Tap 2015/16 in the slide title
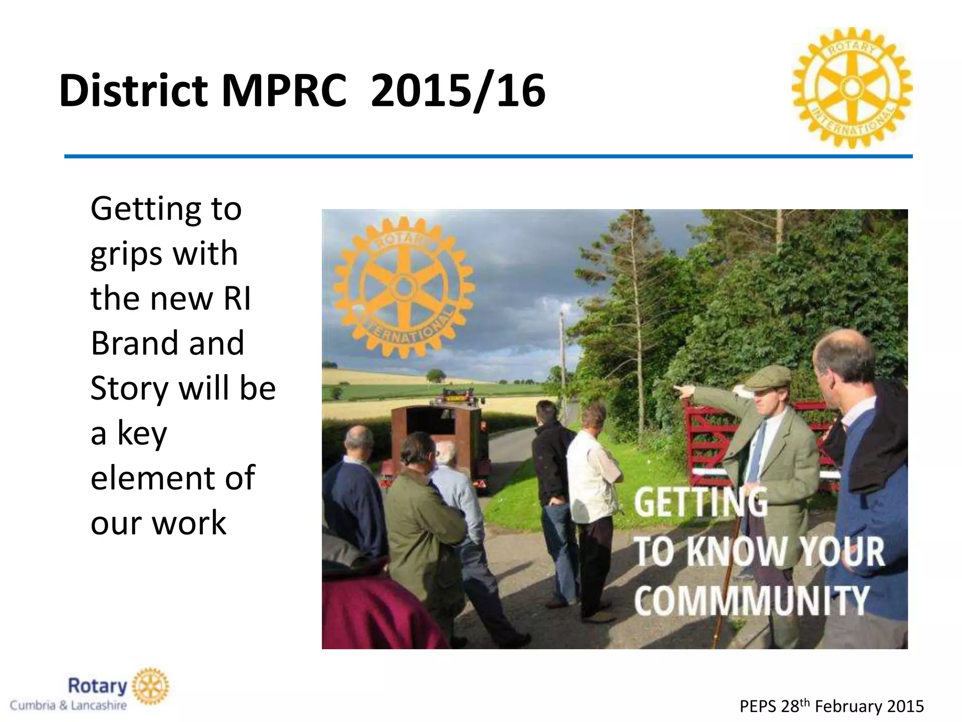[x=458, y=91]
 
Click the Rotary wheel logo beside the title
[x=852, y=88]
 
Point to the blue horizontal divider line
[x=489, y=156]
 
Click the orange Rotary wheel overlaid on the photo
[x=403, y=287]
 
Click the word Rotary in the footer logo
[x=98, y=686]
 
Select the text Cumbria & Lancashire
[x=69, y=706]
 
